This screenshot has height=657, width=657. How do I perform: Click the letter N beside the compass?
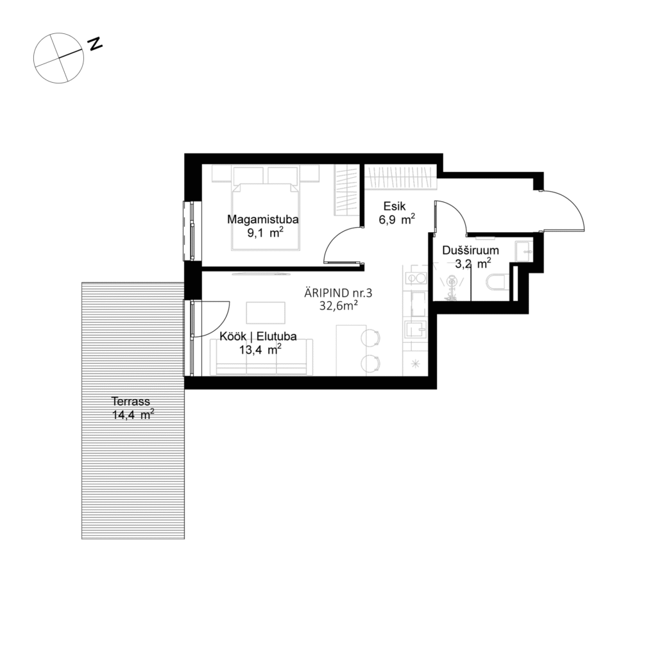[x=96, y=44]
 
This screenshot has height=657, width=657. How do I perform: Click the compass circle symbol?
[x=59, y=58]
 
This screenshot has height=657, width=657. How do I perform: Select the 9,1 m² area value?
[x=265, y=233]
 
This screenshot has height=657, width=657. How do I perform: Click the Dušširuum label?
[x=470, y=250]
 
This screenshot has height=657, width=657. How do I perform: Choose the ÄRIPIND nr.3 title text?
[x=338, y=293]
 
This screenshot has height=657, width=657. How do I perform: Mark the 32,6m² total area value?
[x=338, y=306]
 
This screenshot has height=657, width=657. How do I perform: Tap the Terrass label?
[x=132, y=402]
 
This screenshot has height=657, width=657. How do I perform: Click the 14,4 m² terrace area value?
[x=132, y=414]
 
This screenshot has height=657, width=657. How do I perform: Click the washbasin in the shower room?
[x=524, y=252]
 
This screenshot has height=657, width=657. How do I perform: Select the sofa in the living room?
[x=262, y=357]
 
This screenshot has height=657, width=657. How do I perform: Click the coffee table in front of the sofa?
[x=266, y=312]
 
